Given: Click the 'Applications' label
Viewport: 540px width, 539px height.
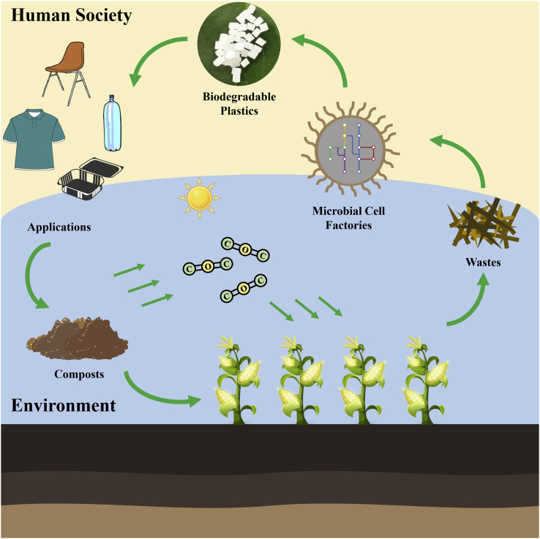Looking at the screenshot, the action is pyautogui.click(x=59, y=227).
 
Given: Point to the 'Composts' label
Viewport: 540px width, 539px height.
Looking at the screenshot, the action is pyautogui.click(x=80, y=375).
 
